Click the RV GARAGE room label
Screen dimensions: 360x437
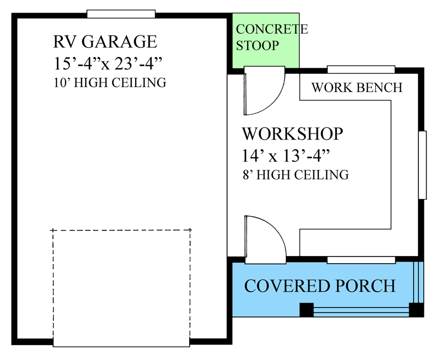[x=105, y=42]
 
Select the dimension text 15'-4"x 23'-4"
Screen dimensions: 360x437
[x=109, y=63]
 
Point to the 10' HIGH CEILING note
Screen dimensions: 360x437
[x=109, y=83]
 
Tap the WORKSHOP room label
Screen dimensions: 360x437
[x=293, y=134]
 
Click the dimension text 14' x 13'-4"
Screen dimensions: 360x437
[x=287, y=155]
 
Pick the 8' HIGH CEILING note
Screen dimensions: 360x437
[x=295, y=175]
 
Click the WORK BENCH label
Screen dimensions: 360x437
[x=357, y=88]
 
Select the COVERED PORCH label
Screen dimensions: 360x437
[x=319, y=286]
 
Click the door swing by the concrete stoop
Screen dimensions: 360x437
[x=264, y=91]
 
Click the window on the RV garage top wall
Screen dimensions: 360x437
[x=121, y=14]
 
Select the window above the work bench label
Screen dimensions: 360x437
[x=361, y=69]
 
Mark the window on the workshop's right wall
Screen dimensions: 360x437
[x=422, y=165]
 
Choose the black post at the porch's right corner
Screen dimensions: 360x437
[x=417, y=310]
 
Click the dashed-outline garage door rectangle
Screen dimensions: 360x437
[x=121, y=287]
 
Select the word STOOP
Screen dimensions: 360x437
[x=257, y=45]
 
